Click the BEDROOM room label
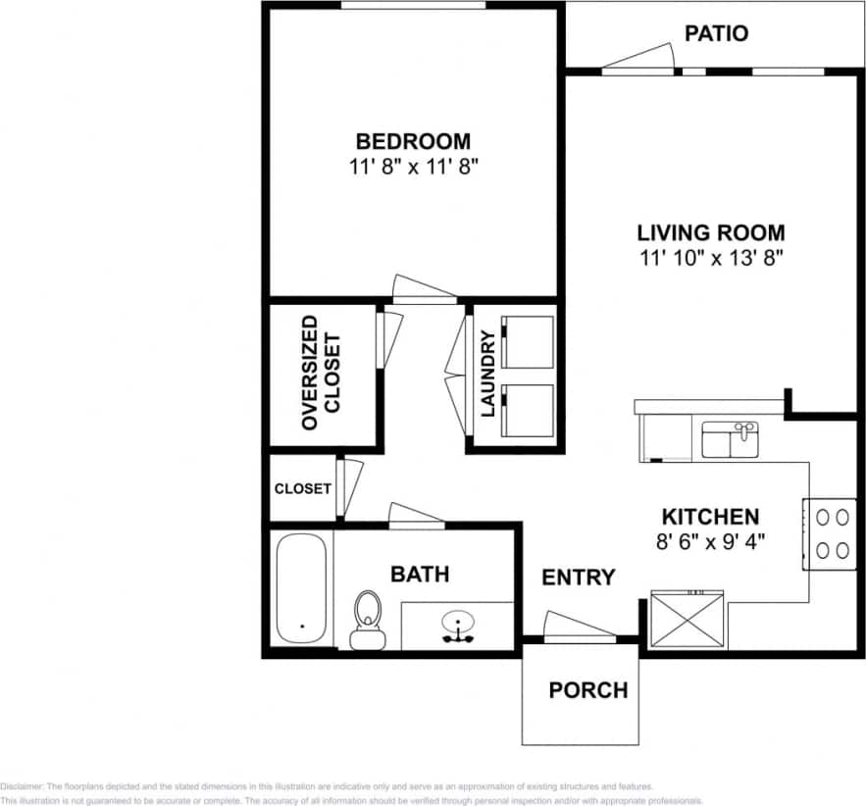pyautogui.click(x=412, y=140)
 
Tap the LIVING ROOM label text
pyautogui.click(x=710, y=232)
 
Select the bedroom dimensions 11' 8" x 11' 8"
pyautogui.click(x=412, y=167)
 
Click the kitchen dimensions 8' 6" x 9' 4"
pyautogui.click(x=710, y=539)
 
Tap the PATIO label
pyautogui.click(x=716, y=33)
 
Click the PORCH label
pyautogui.click(x=587, y=689)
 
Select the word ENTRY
pyautogui.click(x=579, y=578)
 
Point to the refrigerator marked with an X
pyautogui.click(x=688, y=619)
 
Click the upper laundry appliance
pyautogui.click(x=528, y=341)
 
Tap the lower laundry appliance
pyautogui.click(x=528, y=410)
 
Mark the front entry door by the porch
pyautogui.click(x=580, y=628)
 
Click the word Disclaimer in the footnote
pyautogui.click(x=22, y=786)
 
